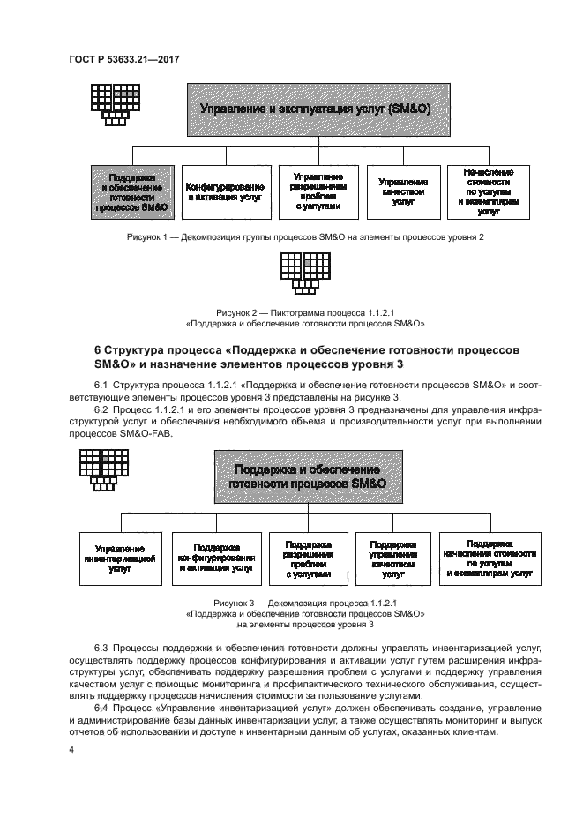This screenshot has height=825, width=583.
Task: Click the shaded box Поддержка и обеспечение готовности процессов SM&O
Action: [133, 191]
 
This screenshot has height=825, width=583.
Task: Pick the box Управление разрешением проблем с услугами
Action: [316, 191]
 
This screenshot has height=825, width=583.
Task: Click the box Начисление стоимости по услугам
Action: [488, 191]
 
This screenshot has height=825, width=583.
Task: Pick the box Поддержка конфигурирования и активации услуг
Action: [217, 559]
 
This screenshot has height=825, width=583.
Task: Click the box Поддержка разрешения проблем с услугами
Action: [308, 559]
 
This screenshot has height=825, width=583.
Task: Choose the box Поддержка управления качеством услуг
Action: [393, 559]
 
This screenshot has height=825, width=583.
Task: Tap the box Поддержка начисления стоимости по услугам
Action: [490, 559]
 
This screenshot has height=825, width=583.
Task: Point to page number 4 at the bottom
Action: [71, 749]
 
